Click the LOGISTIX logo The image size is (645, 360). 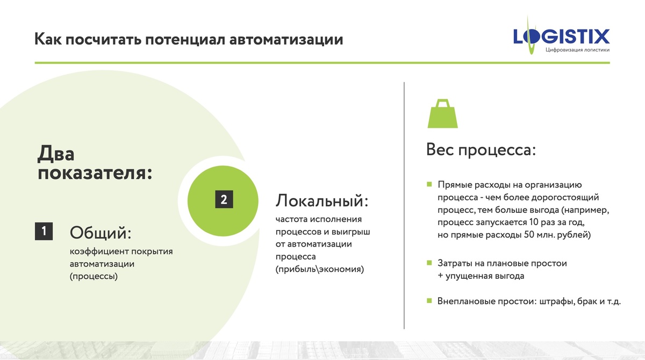pos(561,36)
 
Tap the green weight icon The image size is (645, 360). pos(442,113)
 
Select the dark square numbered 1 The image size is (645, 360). pos(44,231)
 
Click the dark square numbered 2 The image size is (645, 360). pos(224,199)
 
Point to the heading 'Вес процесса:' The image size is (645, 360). pos(481,149)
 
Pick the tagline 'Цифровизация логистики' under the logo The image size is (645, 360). pos(577,50)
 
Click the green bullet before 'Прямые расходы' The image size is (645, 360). pos(429,184)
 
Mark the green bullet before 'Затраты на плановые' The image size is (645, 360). pos(429,263)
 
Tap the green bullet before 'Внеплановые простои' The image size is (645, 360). pos(429,301)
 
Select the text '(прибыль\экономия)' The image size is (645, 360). pos(319,269)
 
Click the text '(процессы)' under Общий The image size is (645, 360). pos(94,277)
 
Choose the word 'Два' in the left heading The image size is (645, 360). pos(56,154)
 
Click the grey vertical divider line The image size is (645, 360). pos(404,204)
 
